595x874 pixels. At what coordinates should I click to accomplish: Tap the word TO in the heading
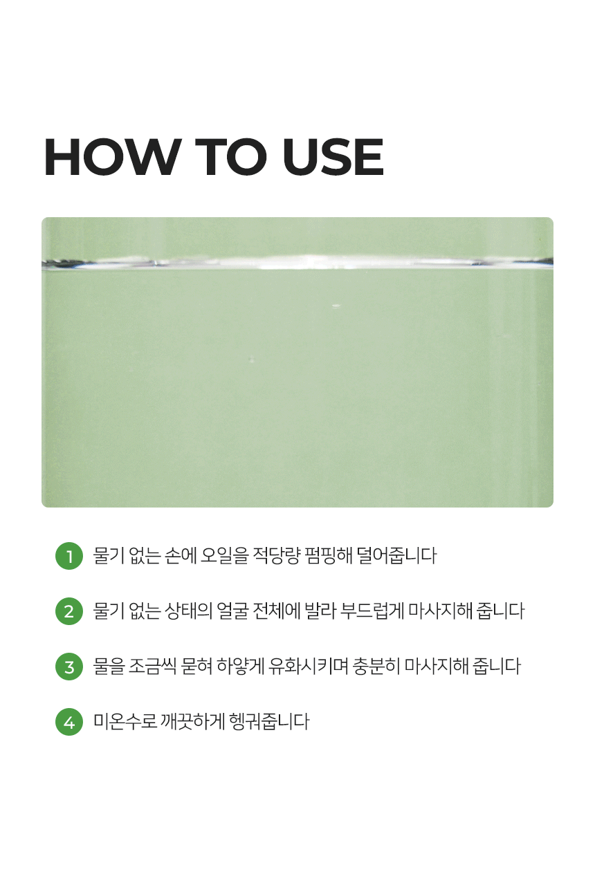(x=231, y=157)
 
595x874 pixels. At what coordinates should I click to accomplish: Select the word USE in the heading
(x=333, y=157)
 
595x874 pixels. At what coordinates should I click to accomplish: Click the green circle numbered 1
(x=69, y=556)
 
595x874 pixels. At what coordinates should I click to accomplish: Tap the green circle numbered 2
(x=69, y=611)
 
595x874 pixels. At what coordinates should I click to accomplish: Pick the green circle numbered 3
(x=69, y=667)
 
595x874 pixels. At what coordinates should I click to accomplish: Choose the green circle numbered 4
(x=69, y=722)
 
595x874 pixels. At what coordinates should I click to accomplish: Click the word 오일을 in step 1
(x=224, y=556)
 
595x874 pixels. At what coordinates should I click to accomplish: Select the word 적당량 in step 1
(x=277, y=556)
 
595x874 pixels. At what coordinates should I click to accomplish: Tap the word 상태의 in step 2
(x=188, y=611)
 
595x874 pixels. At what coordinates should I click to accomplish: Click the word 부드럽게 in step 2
(x=372, y=611)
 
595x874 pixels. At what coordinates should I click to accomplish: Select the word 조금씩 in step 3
(x=153, y=667)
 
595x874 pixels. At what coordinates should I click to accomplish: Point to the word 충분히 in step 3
(x=376, y=667)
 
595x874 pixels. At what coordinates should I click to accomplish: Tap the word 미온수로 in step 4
(x=125, y=722)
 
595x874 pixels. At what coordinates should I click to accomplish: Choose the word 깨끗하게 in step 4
(x=193, y=722)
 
